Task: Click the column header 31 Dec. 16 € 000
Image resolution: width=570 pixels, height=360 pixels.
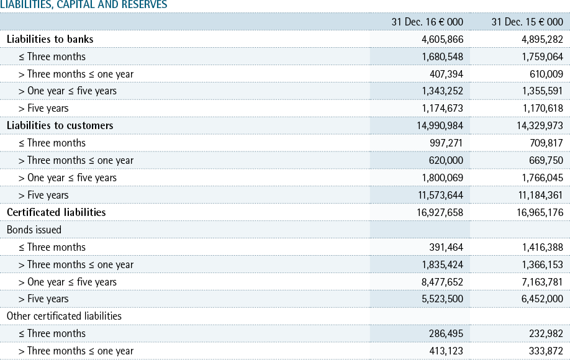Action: (427, 22)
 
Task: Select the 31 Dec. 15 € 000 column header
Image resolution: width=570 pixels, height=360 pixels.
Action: (527, 22)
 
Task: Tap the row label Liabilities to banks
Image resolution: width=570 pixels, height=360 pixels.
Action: (50, 39)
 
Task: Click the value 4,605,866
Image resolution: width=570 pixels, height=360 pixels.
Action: (443, 39)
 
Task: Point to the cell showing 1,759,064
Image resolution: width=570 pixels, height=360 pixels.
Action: (543, 56)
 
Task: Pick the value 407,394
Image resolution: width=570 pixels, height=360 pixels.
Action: (446, 74)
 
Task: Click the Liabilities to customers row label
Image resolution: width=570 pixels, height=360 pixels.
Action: (60, 126)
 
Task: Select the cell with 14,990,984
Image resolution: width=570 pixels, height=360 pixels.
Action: (440, 126)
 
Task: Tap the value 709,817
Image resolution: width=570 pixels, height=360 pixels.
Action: (546, 143)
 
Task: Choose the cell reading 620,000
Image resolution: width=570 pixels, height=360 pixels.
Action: (446, 160)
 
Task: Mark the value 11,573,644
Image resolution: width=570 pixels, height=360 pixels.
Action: (441, 195)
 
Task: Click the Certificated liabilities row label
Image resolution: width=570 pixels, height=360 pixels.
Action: (57, 212)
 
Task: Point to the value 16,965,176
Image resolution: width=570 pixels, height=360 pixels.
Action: (540, 212)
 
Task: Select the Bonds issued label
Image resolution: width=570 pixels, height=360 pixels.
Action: (34, 230)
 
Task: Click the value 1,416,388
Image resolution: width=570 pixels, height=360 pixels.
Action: (543, 248)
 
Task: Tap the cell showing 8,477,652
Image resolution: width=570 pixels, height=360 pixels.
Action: (443, 282)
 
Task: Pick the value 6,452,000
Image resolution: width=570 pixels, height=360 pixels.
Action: (543, 299)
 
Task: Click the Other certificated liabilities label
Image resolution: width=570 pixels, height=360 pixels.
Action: (65, 316)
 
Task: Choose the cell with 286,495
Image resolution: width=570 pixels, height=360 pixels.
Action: (446, 333)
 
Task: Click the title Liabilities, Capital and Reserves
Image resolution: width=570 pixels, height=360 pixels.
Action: (84, 4)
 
